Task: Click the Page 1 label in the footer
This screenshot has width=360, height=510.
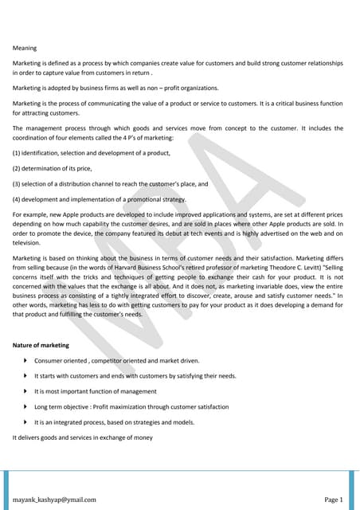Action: click(333, 500)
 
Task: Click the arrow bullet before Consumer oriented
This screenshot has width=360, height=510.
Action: click(26, 362)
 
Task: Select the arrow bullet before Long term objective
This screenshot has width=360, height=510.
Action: click(26, 406)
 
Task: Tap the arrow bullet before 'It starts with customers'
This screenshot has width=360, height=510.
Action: click(26, 376)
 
